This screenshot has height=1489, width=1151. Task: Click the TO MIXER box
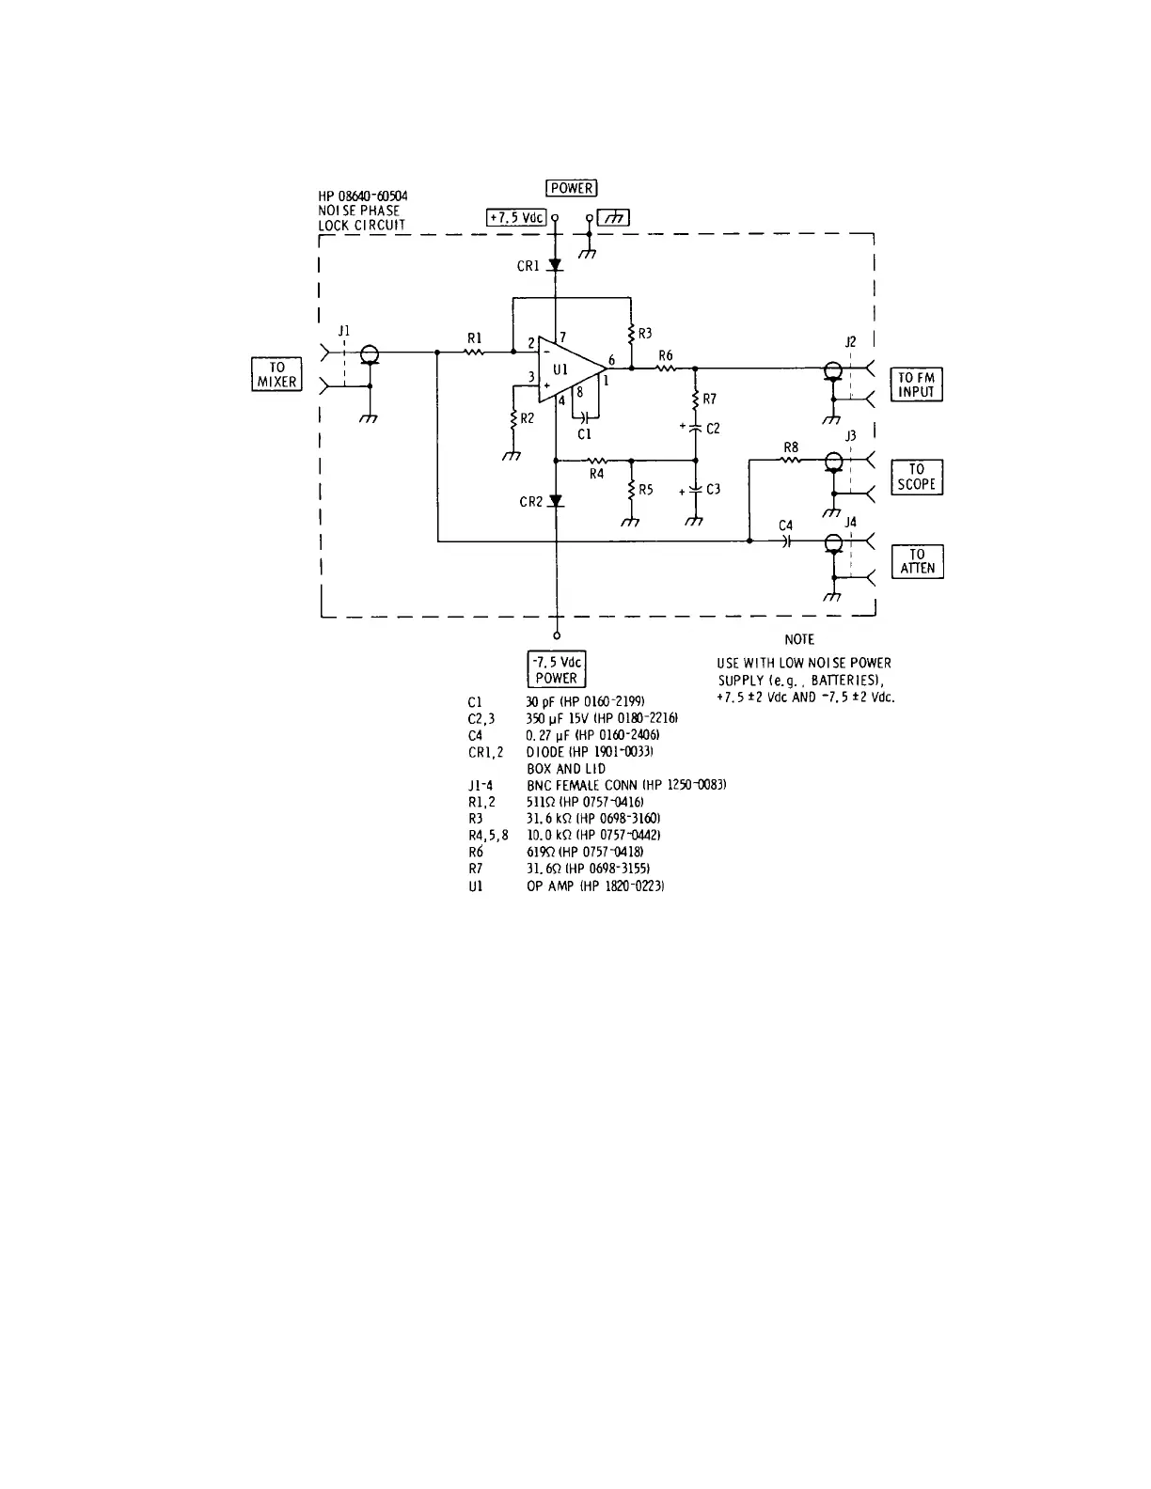click(x=277, y=374)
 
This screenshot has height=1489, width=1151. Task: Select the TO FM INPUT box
click(x=916, y=384)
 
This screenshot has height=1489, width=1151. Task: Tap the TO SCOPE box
click(x=916, y=477)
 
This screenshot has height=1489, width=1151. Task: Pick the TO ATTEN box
click(x=917, y=561)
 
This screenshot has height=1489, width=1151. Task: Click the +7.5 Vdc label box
click(x=516, y=217)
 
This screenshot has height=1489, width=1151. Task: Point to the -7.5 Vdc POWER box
click(x=557, y=669)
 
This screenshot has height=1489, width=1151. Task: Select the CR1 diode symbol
click(x=556, y=266)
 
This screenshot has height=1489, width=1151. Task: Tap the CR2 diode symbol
click(x=556, y=501)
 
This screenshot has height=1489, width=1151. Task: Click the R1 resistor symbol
click(x=475, y=353)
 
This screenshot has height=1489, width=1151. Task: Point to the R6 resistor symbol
click(x=666, y=368)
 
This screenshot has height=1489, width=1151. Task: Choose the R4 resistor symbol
click(x=596, y=461)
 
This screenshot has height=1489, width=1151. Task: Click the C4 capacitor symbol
click(x=786, y=541)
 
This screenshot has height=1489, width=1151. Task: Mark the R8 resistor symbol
click(x=791, y=460)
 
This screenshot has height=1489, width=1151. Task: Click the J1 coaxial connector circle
click(x=370, y=353)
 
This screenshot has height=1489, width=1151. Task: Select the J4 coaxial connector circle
click(x=832, y=542)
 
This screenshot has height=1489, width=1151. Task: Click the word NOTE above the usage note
click(x=798, y=639)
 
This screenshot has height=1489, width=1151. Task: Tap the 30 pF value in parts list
click(x=540, y=702)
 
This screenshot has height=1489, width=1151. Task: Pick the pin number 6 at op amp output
click(x=612, y=360)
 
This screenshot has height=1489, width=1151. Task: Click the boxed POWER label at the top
click(x=571, y=188)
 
